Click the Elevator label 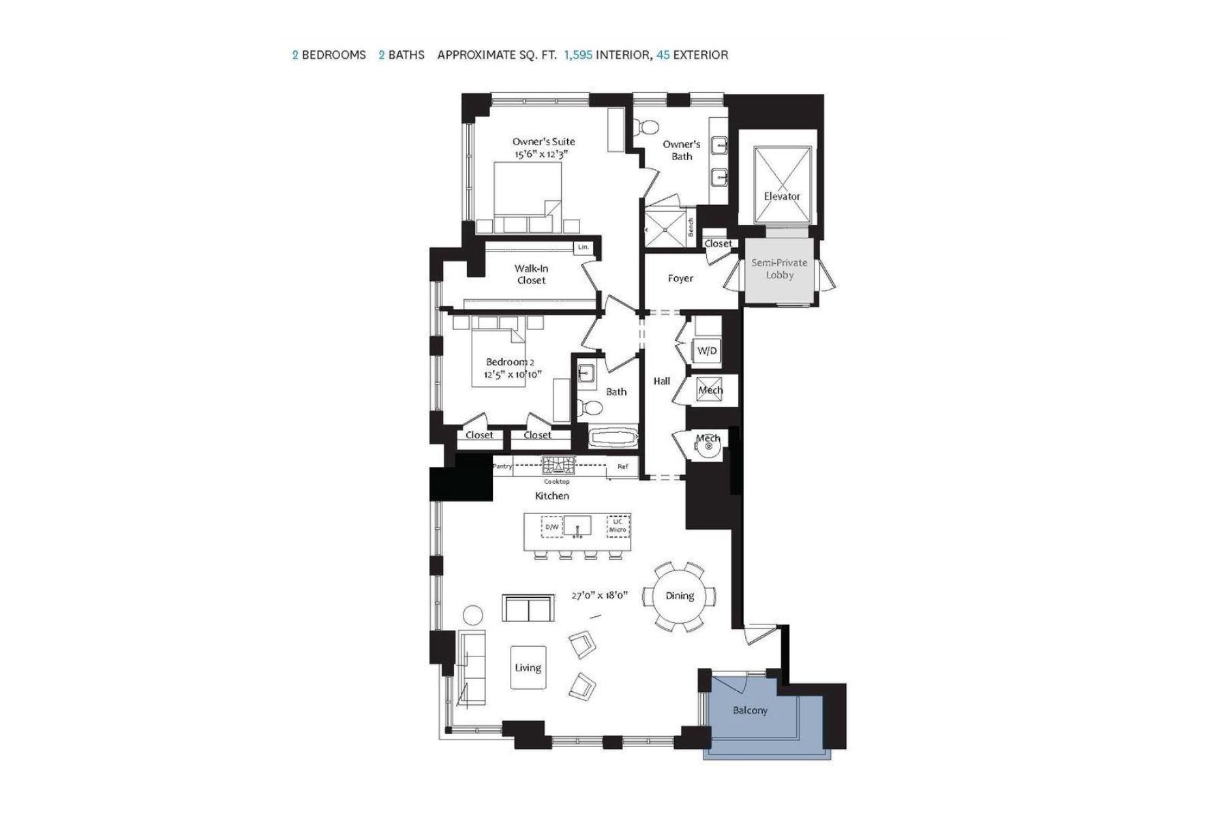tap(782, 196)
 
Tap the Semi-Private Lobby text tap(779, 269)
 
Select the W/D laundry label tap(707, 351)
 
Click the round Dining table tap(679, 596)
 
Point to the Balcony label tap(750, 710)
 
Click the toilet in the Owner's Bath tap(644, 127)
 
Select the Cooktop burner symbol tap(558, 466)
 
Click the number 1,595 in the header tap(578, 55)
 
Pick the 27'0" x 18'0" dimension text tap(599, 596)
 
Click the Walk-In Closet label tap(531, 274)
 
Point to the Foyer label tap(680, 278)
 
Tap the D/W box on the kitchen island tap(552, 527)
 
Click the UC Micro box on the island tap(618, 526)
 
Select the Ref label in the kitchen tap(622, 467)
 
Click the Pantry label tap(502, 466)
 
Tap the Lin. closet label tap(583, 247)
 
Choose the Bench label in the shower tap(691, 227)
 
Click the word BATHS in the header tap(406, 55)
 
